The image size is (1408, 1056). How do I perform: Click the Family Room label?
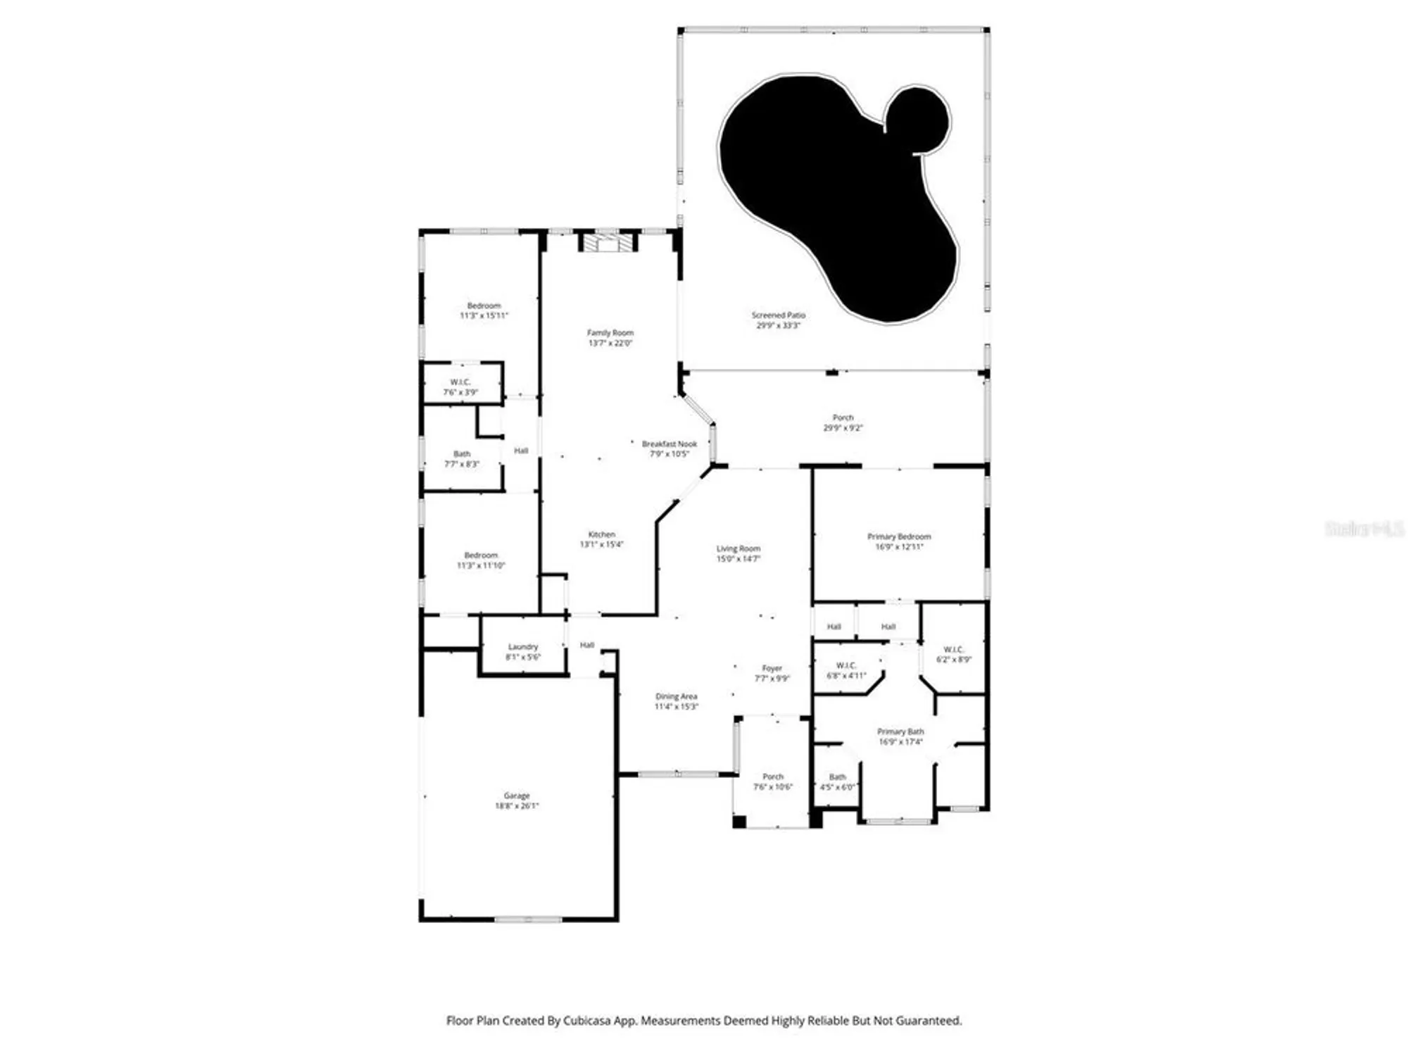pos(610,333)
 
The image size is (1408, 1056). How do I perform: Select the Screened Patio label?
pos(778,315)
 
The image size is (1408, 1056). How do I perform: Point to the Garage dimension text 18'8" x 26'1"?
pos(517,806)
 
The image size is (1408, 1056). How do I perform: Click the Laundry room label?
pos(522,647)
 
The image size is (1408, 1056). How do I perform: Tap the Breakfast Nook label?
pos(669,444)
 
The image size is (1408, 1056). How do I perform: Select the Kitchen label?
pos(601,534)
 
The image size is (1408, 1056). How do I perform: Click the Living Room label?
pos(738,548)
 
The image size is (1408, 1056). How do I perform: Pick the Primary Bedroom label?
pos(898,536)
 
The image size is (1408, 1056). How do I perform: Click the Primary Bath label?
pos(900,731)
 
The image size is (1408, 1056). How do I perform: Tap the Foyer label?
pos(772,668)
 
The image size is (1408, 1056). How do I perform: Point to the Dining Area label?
pos(676,696)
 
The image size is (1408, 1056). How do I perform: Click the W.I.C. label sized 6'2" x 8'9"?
pos(953,650)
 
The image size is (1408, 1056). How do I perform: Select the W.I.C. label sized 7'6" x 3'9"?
pos(460,382)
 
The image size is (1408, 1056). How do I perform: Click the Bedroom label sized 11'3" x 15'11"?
pos(484,306)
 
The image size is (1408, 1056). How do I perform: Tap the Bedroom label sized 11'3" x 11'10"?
pos(481,555)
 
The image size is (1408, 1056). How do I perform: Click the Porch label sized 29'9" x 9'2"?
pos(843,417)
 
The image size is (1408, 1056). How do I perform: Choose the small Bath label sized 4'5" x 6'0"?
pos(837,777)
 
